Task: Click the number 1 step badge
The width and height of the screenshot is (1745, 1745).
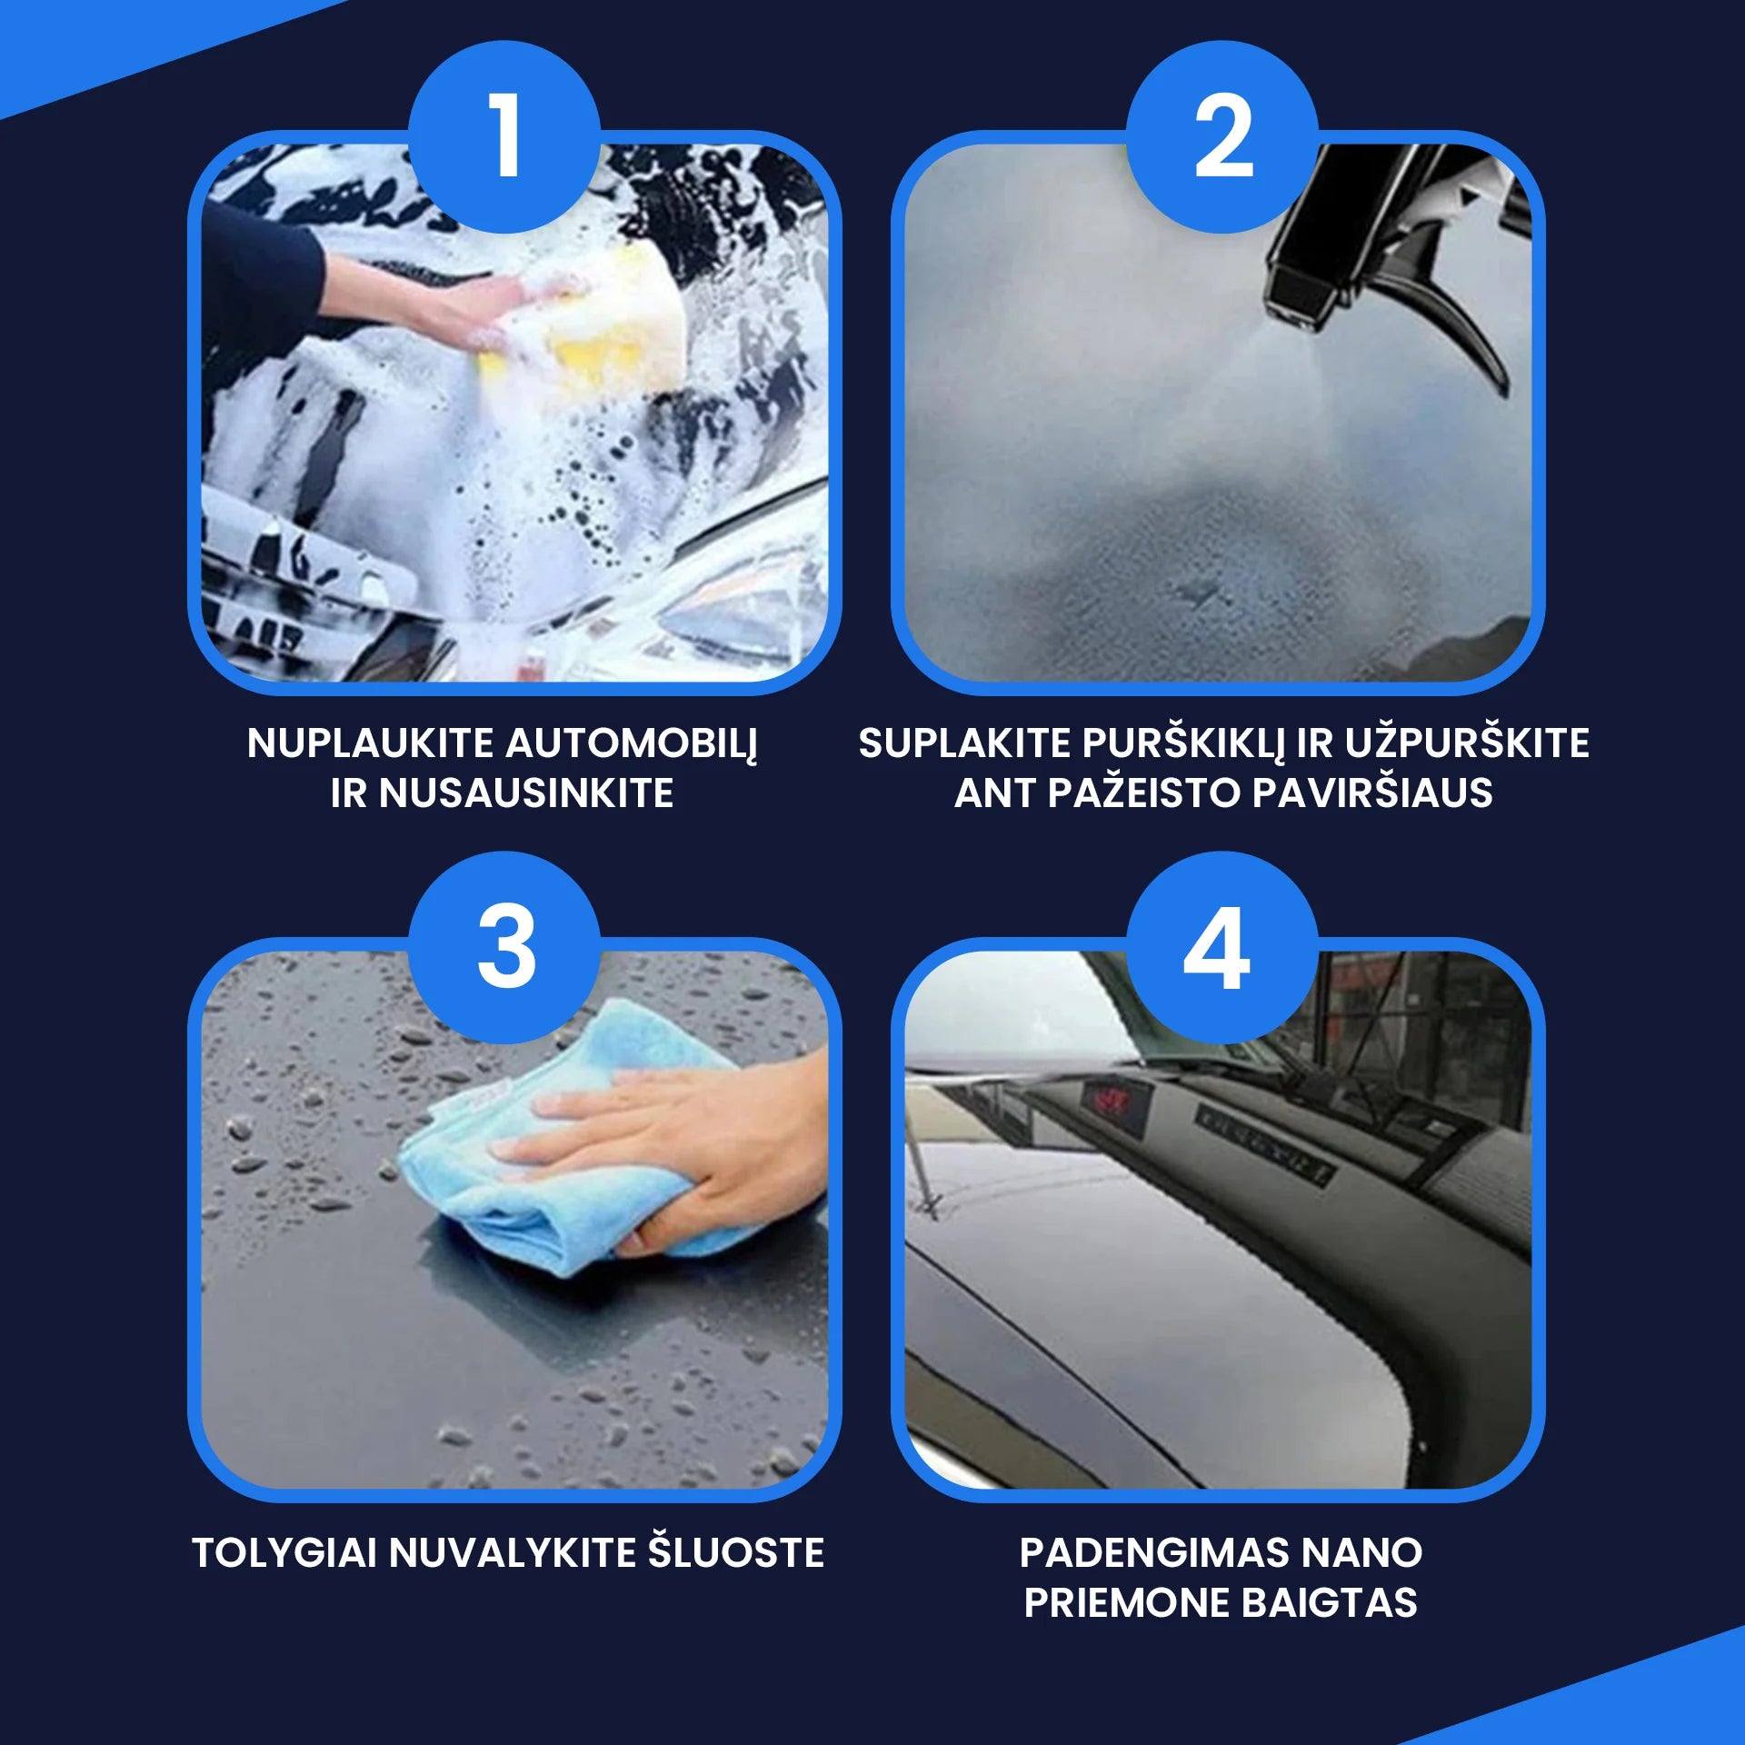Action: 504,136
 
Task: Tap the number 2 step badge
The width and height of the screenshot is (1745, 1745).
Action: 1222,136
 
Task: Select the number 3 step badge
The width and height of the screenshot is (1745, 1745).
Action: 504,947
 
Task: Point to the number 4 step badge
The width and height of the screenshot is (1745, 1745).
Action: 1222,947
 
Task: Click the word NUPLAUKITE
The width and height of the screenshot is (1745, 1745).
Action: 370,743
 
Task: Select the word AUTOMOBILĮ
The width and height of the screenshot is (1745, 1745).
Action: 632,744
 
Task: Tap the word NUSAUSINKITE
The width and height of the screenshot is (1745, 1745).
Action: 526,793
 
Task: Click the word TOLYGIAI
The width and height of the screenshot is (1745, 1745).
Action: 284,1552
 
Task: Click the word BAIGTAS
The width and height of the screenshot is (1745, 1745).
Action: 1330,1602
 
